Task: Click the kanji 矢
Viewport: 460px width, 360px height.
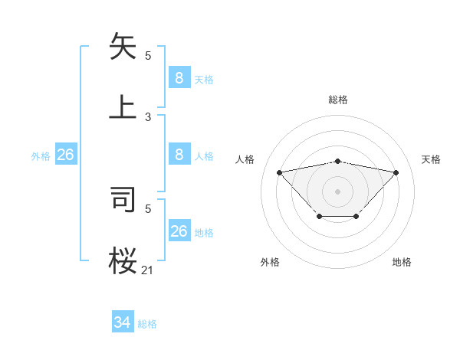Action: (x=123, y=47)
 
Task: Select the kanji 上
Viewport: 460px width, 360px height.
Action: (x=123, y=106)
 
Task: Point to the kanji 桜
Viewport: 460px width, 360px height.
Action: (x=123, y=260)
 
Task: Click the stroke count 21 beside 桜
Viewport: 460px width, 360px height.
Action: (x=148, y=269)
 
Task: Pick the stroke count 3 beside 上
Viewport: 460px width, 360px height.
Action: (x=148, y=117)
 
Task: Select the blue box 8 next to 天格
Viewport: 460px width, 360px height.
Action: (x=179, y=78)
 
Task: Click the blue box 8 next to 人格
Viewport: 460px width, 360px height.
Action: (x=179, y=155)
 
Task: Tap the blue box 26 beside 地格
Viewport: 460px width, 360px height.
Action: (x=179, y=231)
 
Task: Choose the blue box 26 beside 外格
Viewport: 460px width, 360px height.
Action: (x=65, y=155)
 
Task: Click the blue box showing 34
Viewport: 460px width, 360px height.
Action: (x=122, y=323)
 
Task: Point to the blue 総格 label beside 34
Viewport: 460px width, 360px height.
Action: (x=147, y=324)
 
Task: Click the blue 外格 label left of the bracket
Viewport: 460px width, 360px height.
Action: (x=41, y=156)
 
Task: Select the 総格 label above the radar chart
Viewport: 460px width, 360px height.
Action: (x=338, y=100)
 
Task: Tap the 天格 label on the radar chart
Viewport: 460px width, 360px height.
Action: (x=431, y=159)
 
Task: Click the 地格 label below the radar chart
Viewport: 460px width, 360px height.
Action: (x=402, y=262)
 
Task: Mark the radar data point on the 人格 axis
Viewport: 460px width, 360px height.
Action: (x=279, y=172)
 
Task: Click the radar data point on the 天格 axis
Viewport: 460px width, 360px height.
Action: (x=396, y=172)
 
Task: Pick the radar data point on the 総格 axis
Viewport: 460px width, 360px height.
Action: (x=338, y=161)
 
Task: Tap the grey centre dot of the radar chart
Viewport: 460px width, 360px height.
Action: (x=338, y=191)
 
